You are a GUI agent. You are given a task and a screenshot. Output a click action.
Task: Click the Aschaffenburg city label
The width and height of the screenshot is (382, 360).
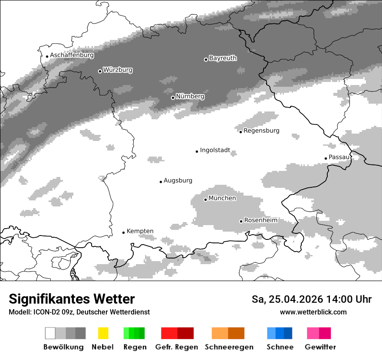[x=72, y=56]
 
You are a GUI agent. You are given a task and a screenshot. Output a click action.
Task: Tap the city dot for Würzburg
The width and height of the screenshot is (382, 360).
[x=100, y=71]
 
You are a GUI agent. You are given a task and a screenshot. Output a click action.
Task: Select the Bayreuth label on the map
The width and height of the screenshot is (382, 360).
[x=223, y=58]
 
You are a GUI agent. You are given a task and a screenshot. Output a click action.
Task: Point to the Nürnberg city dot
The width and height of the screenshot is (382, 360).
[x=173, y=98]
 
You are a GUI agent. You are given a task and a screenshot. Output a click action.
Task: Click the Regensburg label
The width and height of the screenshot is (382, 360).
[x=261, y=131]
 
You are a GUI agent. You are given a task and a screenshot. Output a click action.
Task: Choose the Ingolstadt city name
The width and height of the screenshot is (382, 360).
[x=215, y=151]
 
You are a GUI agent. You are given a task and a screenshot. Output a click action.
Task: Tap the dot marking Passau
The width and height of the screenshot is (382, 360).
[x=326, y=158]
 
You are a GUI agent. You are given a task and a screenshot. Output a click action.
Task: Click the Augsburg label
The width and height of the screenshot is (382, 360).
[x=178, y=180]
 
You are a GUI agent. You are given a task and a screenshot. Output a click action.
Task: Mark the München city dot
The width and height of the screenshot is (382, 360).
[x=205, y=200]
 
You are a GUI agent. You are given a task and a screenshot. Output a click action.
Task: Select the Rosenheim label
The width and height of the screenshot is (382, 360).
[x=260, y=220]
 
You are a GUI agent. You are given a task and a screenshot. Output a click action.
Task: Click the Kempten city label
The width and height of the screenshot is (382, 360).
[x=140, y=231]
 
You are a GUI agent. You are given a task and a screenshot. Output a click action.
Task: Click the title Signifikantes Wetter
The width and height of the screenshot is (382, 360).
[x=72, y=299]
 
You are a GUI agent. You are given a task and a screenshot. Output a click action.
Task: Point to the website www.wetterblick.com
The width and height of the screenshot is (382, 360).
[x=313, y=312]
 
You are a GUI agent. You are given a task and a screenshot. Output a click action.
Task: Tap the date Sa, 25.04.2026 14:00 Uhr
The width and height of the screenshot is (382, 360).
[x=311, y=299]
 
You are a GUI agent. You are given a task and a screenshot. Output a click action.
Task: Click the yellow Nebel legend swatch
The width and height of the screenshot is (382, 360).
[x=103, y=333]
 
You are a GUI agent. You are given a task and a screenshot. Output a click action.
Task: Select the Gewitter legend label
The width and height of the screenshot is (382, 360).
[x=320, y=347]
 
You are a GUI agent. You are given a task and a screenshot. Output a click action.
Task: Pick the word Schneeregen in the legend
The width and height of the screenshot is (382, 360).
[x=229, y=347]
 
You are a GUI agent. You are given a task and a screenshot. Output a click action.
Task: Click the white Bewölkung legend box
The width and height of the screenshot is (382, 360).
[x=50, y=333]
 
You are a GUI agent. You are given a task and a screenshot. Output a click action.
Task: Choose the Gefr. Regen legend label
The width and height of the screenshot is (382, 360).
[x=176, y=347]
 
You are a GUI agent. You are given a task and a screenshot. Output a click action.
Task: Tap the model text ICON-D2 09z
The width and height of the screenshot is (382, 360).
[x=53, y=312]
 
